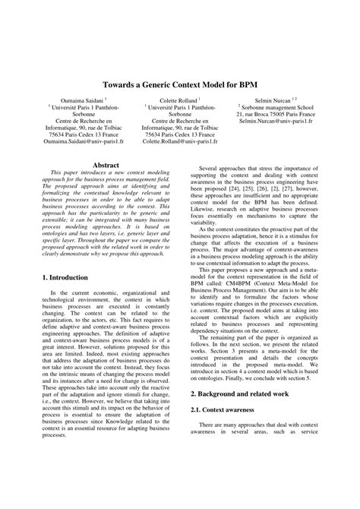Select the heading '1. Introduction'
click(65, 278)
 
